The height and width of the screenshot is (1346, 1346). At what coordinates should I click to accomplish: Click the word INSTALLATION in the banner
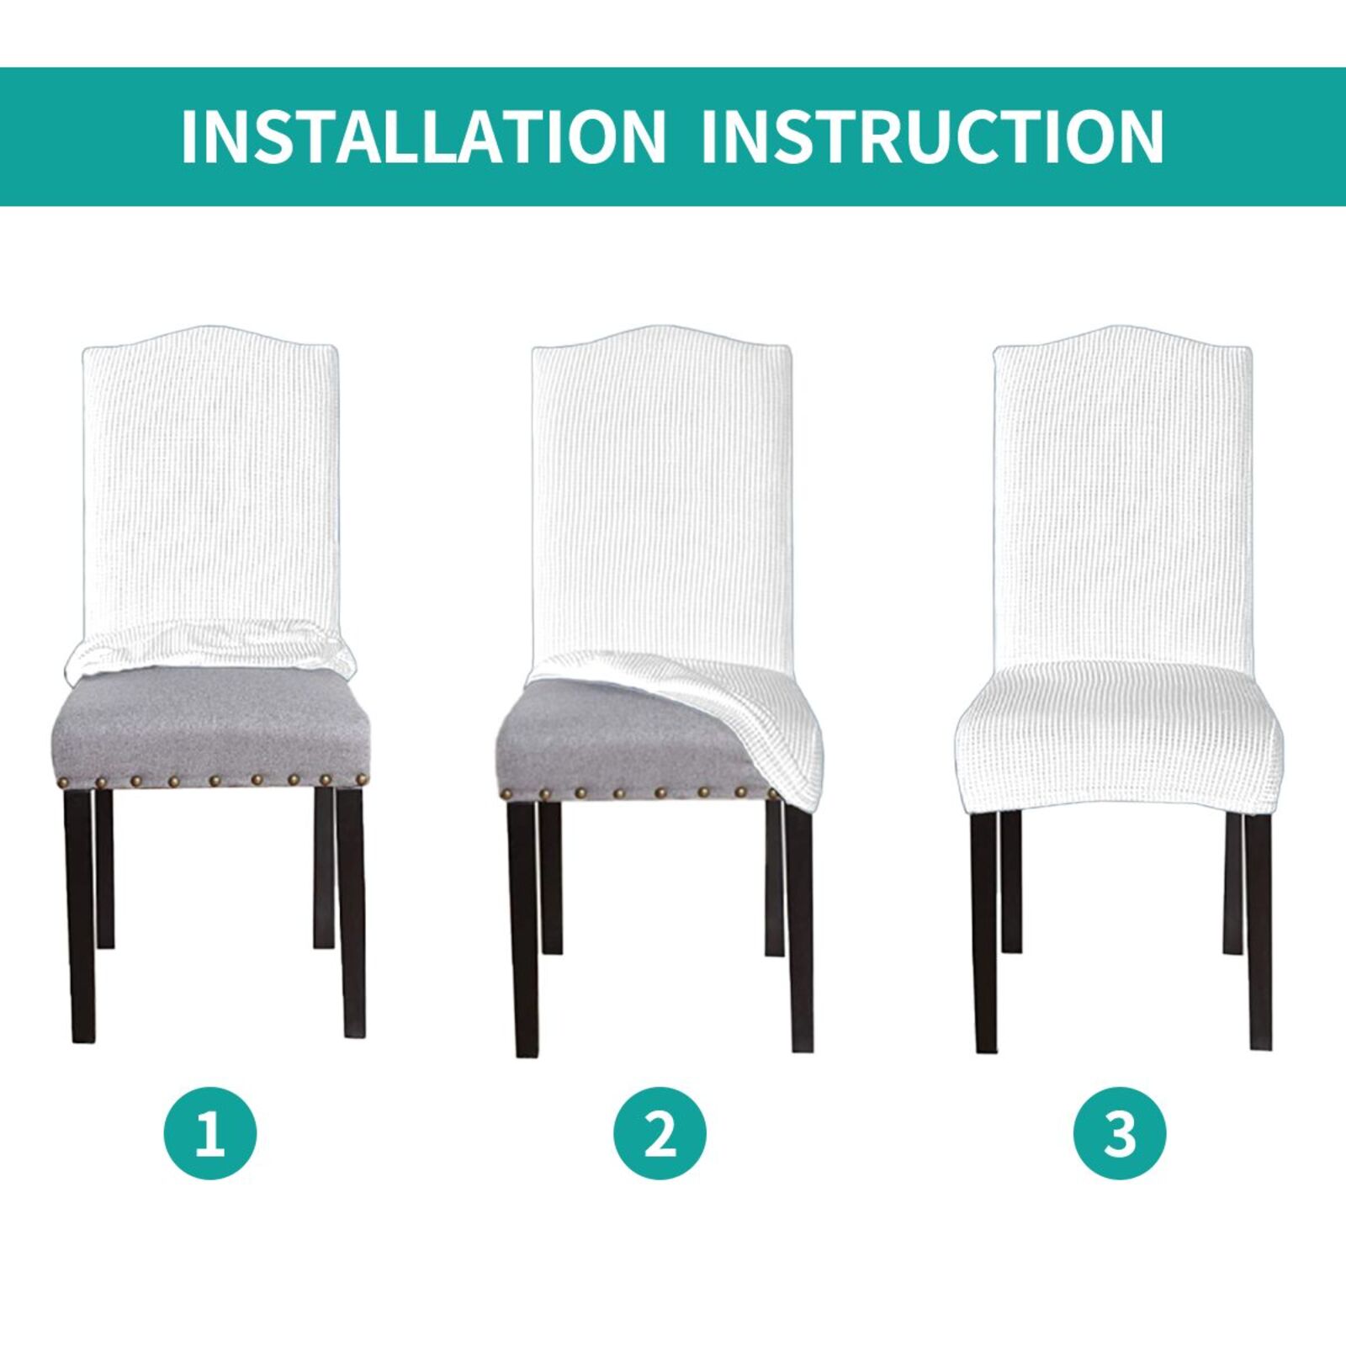(x=423, y=135)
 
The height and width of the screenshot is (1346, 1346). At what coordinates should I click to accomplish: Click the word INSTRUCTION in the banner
(x=931, y=135)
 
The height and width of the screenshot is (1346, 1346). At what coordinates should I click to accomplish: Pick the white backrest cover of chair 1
(x=210, y=480)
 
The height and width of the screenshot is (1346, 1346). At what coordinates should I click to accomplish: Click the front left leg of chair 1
(x=80, y=917)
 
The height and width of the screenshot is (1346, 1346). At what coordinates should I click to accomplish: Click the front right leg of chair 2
(x=799, y=925)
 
